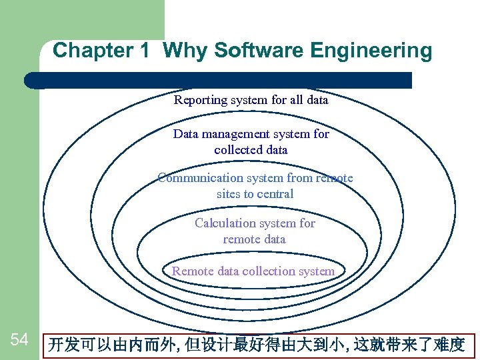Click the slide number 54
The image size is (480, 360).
point(19,340)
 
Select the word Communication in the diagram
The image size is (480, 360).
point(201,178)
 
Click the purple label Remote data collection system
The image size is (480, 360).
point(253,271)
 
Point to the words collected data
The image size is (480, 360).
point(251,150)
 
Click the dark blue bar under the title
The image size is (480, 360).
point(220,80)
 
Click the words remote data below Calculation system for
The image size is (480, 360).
point(254,239)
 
